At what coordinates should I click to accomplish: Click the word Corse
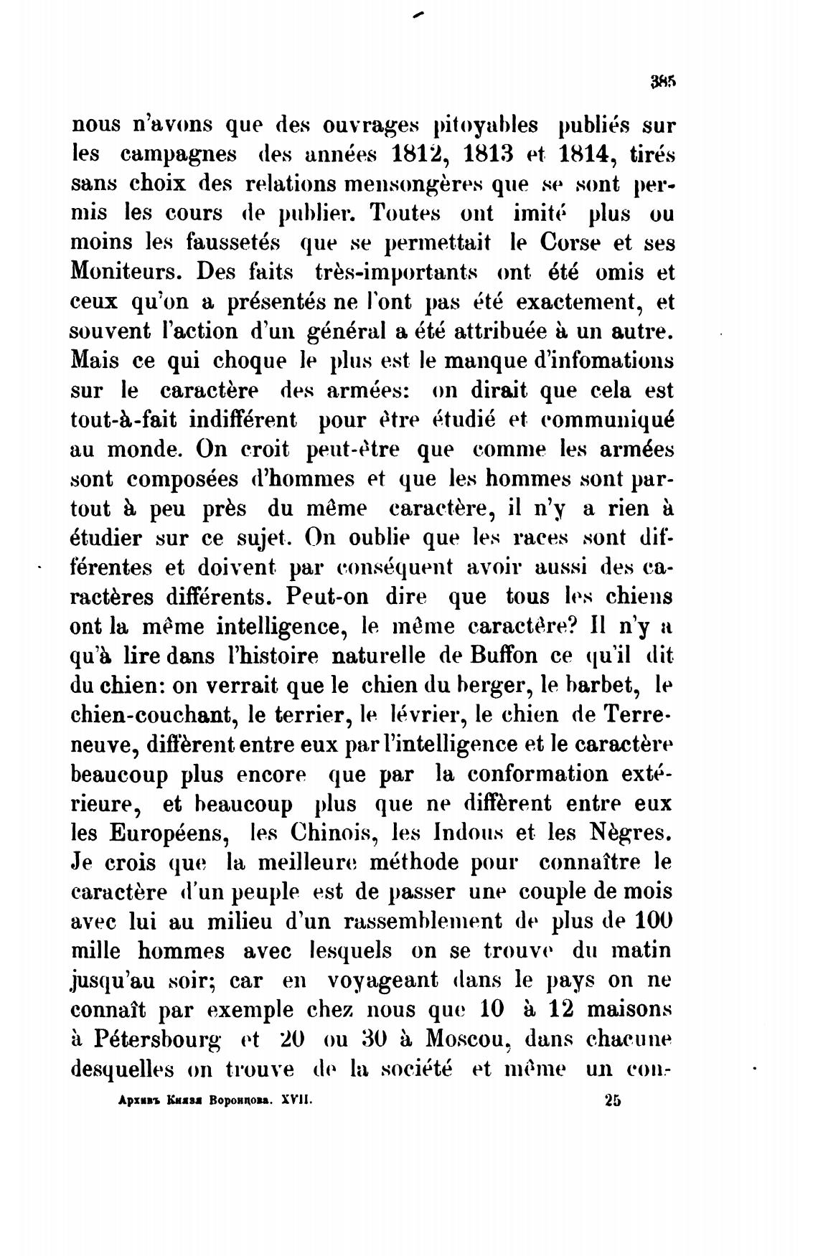[571, 244]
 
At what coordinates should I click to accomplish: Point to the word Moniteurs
[127, 273]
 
